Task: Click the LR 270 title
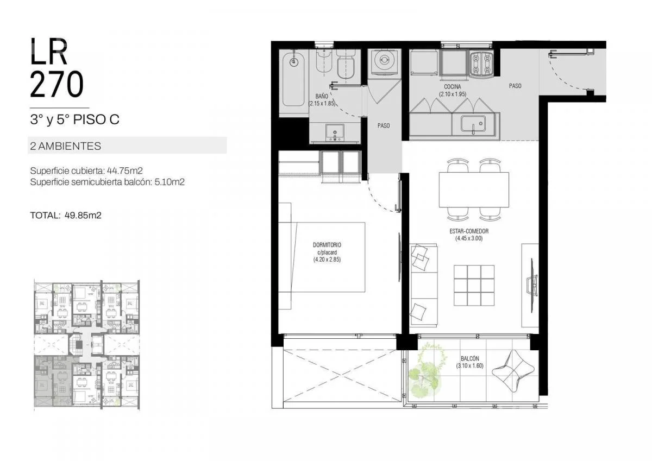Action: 57,68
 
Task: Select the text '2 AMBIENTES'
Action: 66,146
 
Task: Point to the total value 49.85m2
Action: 83,215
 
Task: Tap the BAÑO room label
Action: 322,96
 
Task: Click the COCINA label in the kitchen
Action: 452,87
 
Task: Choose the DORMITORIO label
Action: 327,245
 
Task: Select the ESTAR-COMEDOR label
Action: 469,231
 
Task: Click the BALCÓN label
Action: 470,358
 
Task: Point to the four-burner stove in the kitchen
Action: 481,64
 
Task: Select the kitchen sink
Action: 473,124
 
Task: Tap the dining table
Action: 474,190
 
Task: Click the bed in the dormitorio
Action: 322,257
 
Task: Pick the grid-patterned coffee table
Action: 474,285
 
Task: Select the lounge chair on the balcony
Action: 513,371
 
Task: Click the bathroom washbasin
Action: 335,133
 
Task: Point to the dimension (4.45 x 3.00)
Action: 469,238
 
